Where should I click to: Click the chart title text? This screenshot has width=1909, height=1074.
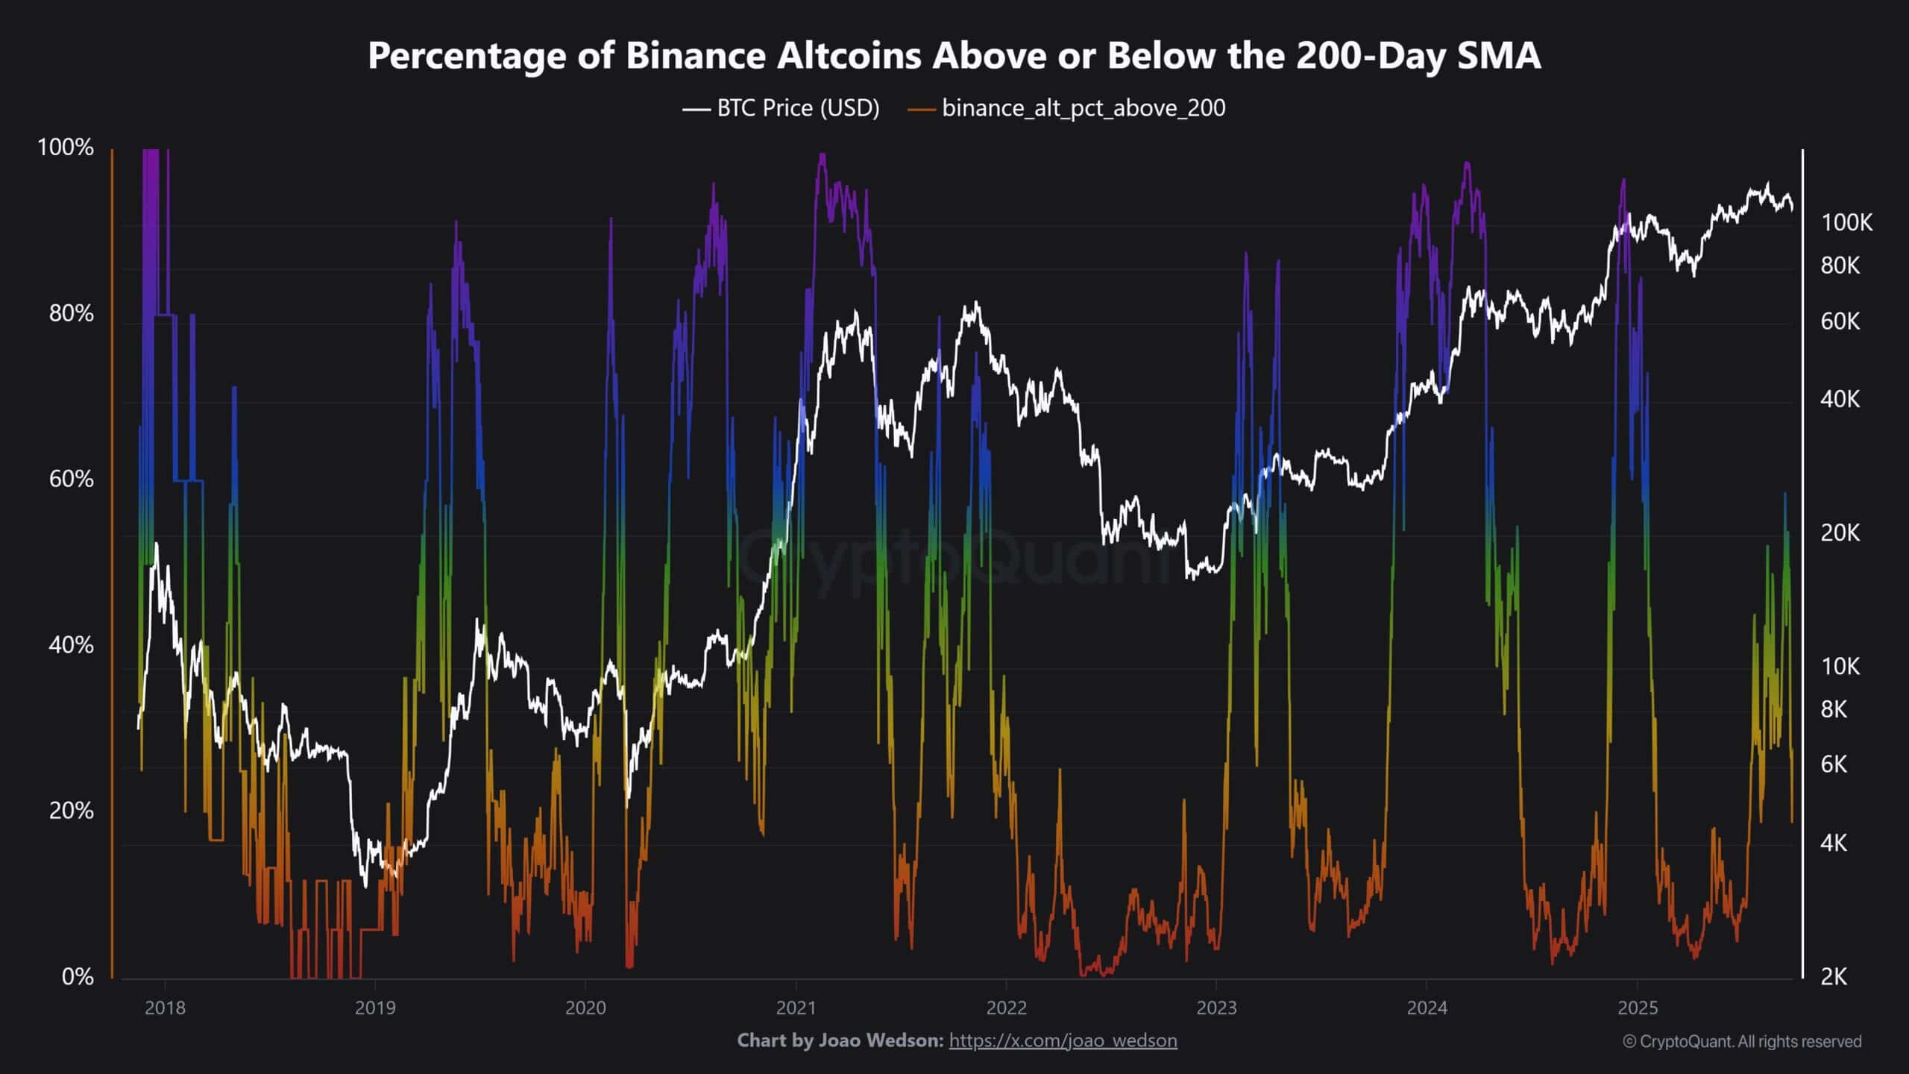[954, 56]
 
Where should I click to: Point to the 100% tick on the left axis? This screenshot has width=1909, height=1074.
[66, 148]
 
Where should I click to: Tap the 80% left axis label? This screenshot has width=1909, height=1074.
[71, 313]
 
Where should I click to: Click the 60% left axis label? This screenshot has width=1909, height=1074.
[71, 479]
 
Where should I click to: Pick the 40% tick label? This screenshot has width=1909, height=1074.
[71, 645]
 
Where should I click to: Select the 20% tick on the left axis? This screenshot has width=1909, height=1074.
[71, 811]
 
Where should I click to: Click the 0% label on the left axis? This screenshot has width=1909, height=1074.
[77, 976]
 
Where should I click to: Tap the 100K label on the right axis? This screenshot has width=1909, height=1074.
[1846, 222]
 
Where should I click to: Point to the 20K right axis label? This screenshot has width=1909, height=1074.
[1840, 533]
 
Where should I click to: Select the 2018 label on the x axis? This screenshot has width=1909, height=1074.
[165, 1008]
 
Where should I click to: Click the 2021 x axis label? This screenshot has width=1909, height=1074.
[796, 1008]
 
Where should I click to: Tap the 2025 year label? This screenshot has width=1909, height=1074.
[1638, 1008]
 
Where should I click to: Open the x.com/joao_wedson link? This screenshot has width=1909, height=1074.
[1063, 1040]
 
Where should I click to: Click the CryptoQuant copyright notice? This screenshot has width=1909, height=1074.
[1742, 1041]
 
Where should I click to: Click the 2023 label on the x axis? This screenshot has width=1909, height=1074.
[1216, 1008]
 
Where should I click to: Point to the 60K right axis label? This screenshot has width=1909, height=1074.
[1840, 321]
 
